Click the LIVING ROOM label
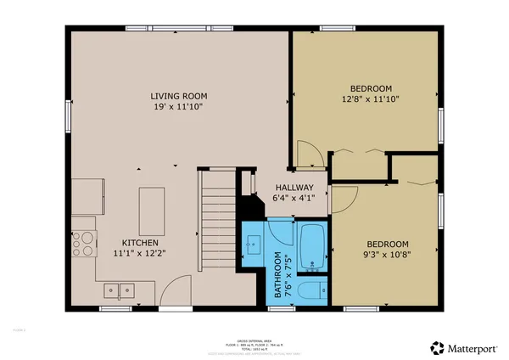[x=176, y=96]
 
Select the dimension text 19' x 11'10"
[x=176, y=108]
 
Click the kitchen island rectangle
[x=152, y=204]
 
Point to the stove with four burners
[x=84, y=245]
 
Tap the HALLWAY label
[x=294, y=188]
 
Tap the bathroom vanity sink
[x=254, y=245]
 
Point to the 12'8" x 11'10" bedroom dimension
[x=371, y=99]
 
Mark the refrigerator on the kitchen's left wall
[x=83, y=198]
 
